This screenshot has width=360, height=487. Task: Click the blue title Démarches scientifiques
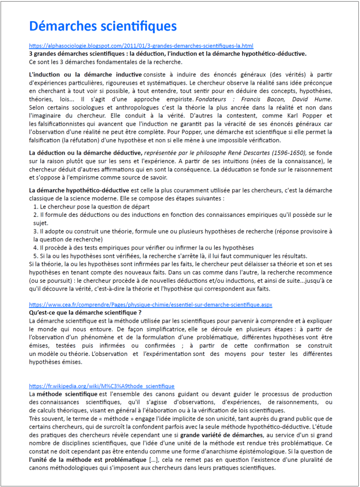tap(103, 26)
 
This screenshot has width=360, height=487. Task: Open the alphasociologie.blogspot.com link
tap(141, 46)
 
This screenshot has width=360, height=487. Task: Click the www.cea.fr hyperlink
tap(150, 305)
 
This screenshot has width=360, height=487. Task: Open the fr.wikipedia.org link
tap(102, 386)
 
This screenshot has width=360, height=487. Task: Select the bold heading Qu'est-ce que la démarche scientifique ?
tap(85, 313)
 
